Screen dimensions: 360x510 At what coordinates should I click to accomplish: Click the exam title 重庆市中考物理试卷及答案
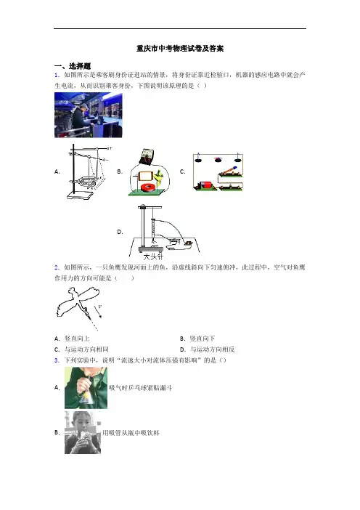[180, 49]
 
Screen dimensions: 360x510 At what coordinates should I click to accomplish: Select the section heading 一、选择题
[73, 66]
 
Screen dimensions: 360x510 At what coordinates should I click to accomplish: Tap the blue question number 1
[57, 76]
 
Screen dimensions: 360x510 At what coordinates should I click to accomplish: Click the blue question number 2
[57, 267]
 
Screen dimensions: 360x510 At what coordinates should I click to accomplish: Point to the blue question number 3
[57, 360]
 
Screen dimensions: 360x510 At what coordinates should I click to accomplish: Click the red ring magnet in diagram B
[149, 187]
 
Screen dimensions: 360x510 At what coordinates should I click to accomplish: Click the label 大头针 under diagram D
[152, 256]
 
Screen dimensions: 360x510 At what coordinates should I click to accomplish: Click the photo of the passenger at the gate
[88, 115]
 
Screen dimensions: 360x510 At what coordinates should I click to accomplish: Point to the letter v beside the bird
[99, 307]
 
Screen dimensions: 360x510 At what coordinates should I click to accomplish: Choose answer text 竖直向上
[77, 339]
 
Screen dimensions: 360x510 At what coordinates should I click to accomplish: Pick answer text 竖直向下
[202, 339]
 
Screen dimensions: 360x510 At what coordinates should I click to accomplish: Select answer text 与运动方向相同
[86, 349]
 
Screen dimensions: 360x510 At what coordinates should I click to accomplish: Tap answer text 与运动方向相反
[212, 349]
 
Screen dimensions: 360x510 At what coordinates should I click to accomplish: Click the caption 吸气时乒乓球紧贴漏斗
[140, 388]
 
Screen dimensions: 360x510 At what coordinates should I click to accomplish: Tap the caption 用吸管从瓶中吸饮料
[131, 433]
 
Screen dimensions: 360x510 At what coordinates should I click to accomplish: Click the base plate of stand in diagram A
[81, 195]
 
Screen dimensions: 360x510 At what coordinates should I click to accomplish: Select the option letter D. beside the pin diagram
[120, 232]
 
